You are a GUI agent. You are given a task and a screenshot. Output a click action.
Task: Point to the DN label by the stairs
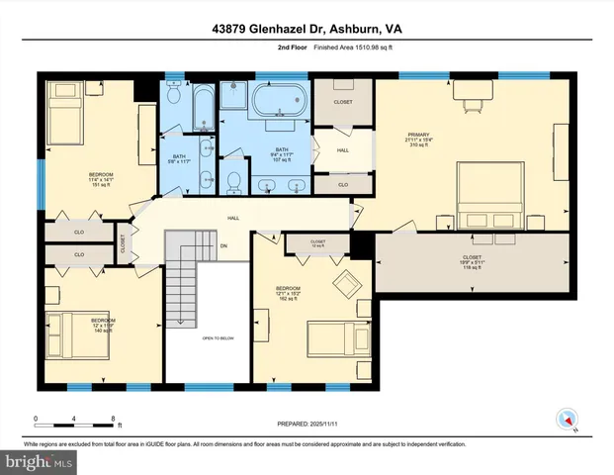point(223,245)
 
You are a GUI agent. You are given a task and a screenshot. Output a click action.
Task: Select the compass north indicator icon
point(567,419)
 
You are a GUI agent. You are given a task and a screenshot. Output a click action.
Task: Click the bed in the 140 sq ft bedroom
point(68,331)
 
